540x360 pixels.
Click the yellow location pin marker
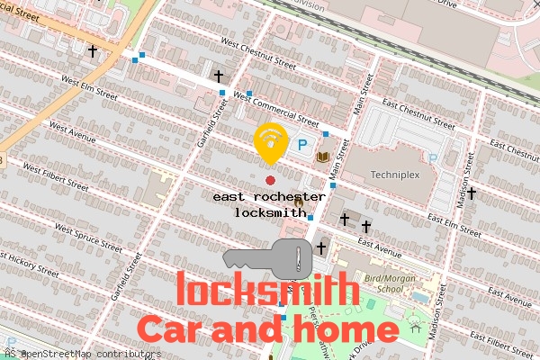click(269, 142)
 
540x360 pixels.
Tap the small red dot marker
click(270, 181)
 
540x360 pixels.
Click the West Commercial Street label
click(275, 108)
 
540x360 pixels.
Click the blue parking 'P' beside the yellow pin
click(303, 144)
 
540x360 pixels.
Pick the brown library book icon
click(323, 157)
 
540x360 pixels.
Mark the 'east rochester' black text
click(270, 196)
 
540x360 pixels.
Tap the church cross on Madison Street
click(471, 192)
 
